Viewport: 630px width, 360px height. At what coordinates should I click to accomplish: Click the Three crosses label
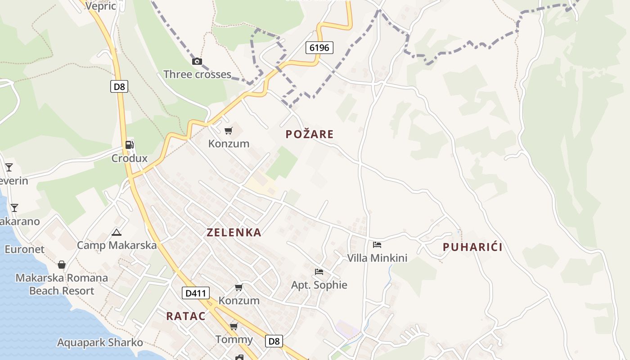click(197, 74)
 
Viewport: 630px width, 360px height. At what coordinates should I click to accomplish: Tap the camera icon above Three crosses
click(197, 61)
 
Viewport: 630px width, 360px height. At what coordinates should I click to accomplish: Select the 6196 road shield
click(319, 47)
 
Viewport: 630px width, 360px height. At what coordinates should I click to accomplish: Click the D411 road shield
click(196, 293)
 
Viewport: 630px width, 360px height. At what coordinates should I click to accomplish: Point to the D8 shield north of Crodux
click(119, 86)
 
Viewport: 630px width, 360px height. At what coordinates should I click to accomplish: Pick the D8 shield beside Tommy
click(274, 341)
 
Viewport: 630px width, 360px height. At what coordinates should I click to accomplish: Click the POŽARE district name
click(310, 134)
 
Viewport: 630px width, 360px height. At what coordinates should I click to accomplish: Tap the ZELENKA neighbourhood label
click(234, 233)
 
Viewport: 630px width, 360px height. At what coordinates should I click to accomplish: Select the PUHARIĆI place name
click(472, 247)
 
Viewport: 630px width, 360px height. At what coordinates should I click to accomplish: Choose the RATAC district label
click(186, 316)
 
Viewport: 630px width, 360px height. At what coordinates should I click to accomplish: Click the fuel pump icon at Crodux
click(130, 145)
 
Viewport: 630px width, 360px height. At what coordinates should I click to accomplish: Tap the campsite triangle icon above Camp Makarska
click(117, 233)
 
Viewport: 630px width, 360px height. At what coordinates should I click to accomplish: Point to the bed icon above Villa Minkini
click(377, 245)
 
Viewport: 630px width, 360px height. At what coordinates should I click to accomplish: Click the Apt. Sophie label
click(319, 285)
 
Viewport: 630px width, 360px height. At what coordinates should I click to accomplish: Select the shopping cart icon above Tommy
click(234, 326)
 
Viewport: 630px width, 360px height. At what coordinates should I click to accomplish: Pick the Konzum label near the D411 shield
click(239, 300)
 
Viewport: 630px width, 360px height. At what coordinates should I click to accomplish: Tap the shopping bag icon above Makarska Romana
click(62, 265)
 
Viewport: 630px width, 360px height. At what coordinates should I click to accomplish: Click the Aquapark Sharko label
click(100, 342)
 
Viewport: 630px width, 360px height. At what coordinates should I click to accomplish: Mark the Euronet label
click(24, 249)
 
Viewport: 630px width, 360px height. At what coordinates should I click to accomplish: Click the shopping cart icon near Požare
click(229, 131)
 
